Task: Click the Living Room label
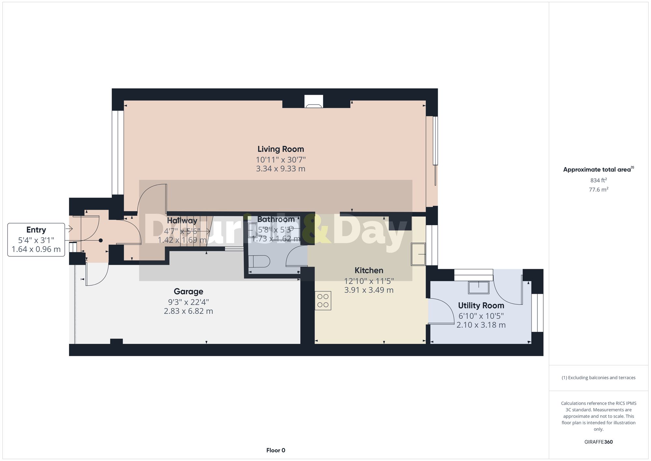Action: click(281, 149)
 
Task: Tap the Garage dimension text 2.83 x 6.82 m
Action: click(188, 311)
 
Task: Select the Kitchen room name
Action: click(369, 270)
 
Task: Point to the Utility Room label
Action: click(481, 306)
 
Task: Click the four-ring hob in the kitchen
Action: click(323, 300)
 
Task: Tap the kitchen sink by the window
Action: click(418, 254)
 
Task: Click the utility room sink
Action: click(478, 287)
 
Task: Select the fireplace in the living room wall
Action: click(314, 102)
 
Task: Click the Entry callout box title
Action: click(36, 230)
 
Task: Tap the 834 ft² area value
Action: click(598, 180)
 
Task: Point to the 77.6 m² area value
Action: click(598, 190)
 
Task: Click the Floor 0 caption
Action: click(276, 450)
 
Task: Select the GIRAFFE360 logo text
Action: click(598, 442)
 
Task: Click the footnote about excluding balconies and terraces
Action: click(598, 378)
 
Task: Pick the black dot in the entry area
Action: click(101, 240)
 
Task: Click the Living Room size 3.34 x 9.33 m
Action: click(281, 169)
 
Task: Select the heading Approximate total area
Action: click(597, 169)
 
